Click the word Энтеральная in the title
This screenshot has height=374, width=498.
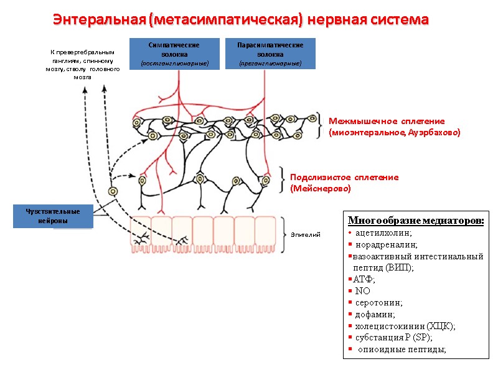[x=99, y=19]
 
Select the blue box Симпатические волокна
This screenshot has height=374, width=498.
[x=174, y=54]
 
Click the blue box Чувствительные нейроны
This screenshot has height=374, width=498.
[x=54, y=216]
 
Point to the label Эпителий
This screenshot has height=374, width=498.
[x=305, y=235]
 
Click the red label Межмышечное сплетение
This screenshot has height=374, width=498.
[x=387, y=121]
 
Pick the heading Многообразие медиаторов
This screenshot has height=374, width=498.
[x=416, y=221]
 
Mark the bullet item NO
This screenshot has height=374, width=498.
[x=362, y=290]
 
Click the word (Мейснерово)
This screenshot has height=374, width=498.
[x=321, y=188]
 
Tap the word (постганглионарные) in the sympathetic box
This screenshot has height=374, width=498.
[x=174, y=64]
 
